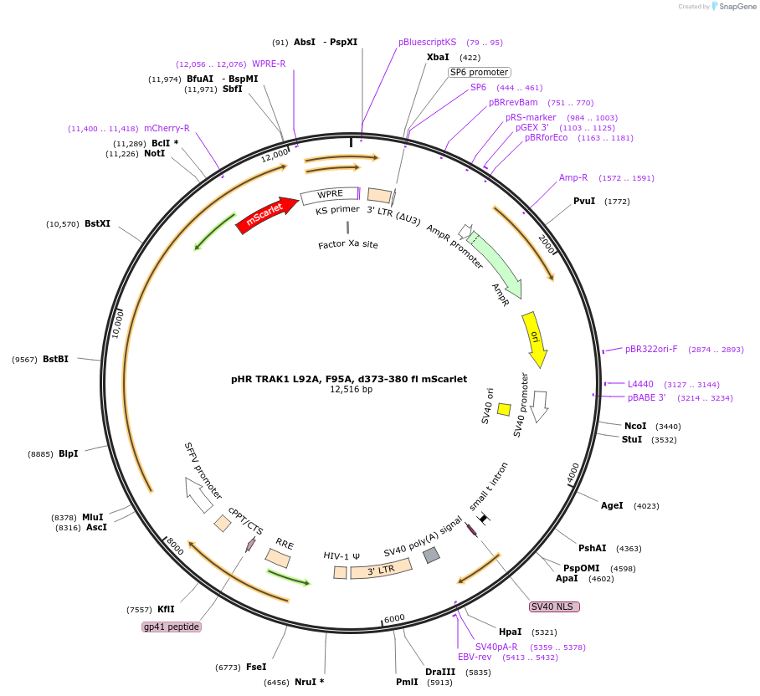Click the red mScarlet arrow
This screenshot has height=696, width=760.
(267, 214)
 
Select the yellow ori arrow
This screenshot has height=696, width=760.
(535, 339)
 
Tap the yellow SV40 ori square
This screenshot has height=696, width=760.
(504, 409)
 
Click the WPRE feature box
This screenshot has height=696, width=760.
(330, 195)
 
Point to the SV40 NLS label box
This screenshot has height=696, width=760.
(554, 606)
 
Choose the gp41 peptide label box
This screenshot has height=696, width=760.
(172, 627)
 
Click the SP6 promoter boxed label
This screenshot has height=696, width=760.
(480, 72)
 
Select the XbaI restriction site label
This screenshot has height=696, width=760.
(438, 57)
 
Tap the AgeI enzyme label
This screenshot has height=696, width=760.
(612, 505)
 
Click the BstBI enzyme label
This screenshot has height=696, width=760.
(56, 359)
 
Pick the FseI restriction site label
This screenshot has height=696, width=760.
(256, 667)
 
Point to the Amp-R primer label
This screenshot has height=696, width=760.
(573, 177)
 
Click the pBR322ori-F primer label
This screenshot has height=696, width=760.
(651, 349)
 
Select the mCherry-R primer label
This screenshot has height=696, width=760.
(167, 128)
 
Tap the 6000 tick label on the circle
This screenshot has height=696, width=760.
(394, 618)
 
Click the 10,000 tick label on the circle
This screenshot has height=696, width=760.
(118, 324)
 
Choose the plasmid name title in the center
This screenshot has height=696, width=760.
(349, 379)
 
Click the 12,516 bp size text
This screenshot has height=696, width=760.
(352, 390)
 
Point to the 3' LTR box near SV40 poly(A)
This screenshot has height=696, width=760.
(381, 569)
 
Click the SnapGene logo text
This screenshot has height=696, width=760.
(737, 7)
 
